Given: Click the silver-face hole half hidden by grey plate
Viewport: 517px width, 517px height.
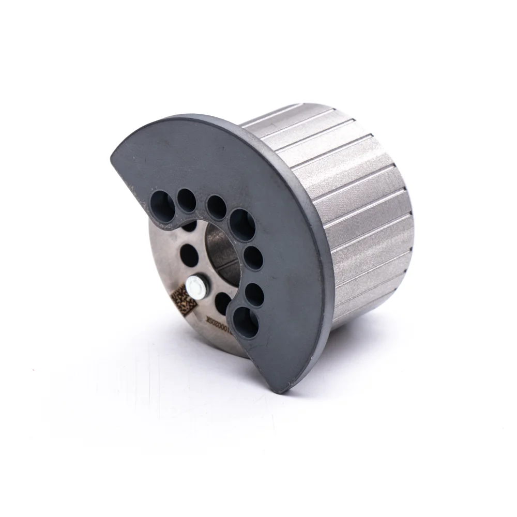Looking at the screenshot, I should tap(189, 226).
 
